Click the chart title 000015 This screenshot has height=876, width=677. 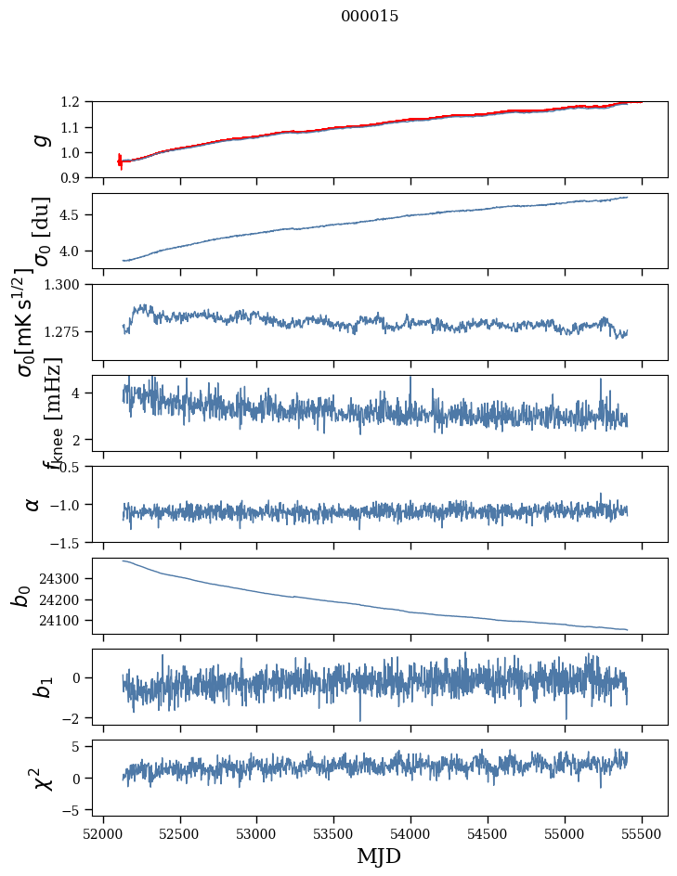(370, 17)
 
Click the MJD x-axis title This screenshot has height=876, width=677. (379, 856)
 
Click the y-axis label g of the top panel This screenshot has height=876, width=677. (39, 139)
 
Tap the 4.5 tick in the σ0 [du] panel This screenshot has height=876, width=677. (81, 215)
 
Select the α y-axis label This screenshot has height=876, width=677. (33, 504)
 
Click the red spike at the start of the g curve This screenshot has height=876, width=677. (120, 161)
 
